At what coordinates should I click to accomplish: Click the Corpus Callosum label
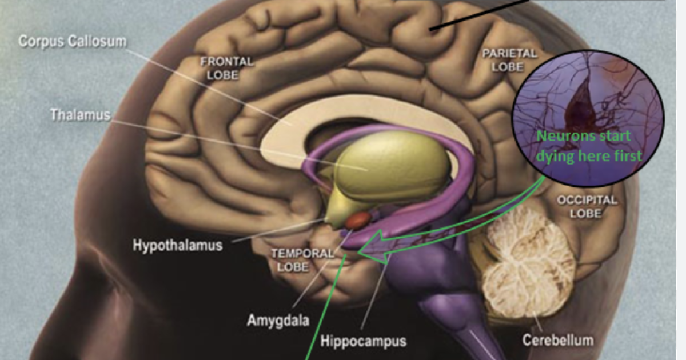(x=73, y=42)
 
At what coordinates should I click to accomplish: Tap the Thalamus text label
(x=80, y=114)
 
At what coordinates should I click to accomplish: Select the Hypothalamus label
(x=177, y=246)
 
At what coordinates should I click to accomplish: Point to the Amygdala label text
(x=278, y=320)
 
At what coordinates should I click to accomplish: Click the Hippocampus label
(x=363, y=342)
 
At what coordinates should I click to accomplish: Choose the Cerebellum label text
(x=557, y=341)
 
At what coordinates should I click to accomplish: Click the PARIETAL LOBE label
(x=509, y=60)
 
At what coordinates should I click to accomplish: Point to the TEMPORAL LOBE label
(x=294, y=260)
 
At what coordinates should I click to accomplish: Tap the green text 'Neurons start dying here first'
(x=589, y=146)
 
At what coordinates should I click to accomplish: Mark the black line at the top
(x=480, y=14)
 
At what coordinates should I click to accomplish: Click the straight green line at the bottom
(x=326, y=309)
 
